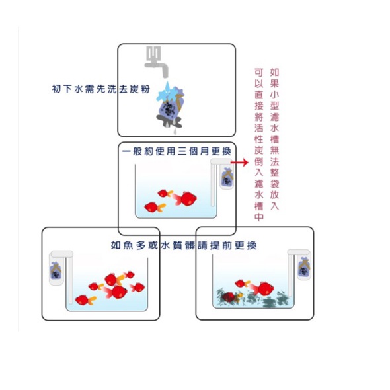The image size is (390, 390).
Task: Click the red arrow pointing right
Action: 239,163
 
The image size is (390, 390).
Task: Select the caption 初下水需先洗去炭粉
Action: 100,89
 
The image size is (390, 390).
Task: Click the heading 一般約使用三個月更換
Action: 176,151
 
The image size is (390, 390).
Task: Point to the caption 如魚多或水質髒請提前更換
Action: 184,245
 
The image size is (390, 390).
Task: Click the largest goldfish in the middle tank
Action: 186,198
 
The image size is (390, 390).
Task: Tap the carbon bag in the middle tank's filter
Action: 227,177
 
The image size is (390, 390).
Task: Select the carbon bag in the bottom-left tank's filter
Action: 56,271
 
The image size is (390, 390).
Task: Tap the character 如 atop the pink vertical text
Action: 274,72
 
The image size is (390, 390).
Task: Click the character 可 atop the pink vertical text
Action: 259,72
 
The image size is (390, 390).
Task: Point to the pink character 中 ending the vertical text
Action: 259,217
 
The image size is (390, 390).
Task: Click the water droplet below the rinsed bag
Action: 175,131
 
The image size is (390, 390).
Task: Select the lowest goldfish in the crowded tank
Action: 85,300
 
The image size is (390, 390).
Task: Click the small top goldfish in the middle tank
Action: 165,193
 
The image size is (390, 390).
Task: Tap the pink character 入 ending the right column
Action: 274,206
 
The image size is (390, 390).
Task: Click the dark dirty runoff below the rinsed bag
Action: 169,121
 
